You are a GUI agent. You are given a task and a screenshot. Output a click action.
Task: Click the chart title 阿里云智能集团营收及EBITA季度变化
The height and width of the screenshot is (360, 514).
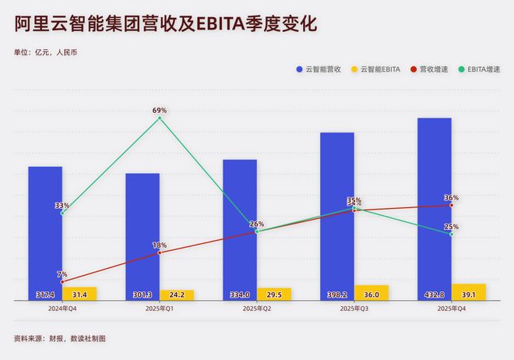tap(165, 25)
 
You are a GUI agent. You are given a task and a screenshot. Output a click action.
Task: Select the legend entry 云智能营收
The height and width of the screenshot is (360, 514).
tap(321, 69)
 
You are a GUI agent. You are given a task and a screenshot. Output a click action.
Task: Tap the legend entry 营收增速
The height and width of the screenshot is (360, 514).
tap(433, 69)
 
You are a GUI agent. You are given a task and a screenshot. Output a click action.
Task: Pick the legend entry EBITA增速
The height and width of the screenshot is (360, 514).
tap(483, 69)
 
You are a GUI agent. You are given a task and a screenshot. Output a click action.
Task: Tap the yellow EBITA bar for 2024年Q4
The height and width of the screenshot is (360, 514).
tap(79, 294)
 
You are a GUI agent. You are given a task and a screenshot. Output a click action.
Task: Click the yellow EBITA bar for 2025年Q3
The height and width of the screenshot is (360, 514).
tap(371, 293)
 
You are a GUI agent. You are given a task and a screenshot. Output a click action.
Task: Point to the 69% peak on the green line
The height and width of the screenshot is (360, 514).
tap(160, 118)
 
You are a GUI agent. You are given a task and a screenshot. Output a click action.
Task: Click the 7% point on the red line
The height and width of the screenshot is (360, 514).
tap(62, 281)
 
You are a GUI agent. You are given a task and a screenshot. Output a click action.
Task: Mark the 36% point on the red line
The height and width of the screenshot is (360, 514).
tap(452, 205)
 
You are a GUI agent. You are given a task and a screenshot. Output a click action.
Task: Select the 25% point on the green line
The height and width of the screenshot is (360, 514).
tap(452, 234)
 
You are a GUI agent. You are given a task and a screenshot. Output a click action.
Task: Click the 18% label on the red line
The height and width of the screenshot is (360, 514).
tap(160, 245)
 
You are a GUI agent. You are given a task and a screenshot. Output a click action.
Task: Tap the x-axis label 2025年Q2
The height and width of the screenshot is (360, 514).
tap(257, 309)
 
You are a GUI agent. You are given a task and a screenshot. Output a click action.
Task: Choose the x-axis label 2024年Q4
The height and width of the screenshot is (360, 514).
tap(62, 309)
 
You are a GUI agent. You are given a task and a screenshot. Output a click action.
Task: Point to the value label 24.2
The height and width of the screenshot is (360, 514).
tap(177, 295)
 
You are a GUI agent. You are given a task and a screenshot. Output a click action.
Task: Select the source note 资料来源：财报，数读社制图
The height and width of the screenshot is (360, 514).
tap(59, 339)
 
